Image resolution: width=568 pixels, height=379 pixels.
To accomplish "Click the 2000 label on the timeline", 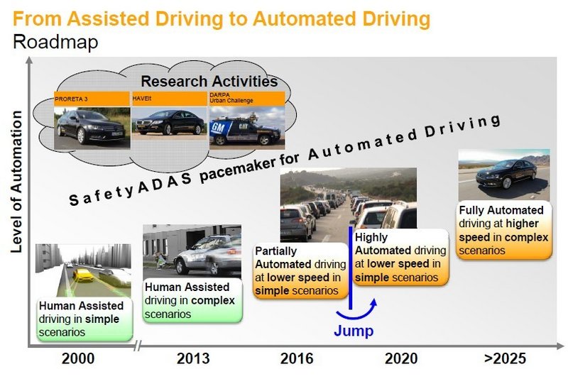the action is pyautogui.click(x=78, y=358).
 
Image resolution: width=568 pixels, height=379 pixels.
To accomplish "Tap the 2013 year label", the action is pyautogui.click(x=193, y=358).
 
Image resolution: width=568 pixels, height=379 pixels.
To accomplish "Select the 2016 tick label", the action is pyautogui.click(x=297, y=358).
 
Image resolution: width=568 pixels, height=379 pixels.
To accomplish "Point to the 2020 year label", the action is pyautogui.click(x=401, y=358).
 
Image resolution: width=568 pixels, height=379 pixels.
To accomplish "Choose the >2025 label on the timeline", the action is pyautogui.click(x=505, y=358).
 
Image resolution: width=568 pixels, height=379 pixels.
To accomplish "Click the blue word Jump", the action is pyautogui.click(x=354, y=331).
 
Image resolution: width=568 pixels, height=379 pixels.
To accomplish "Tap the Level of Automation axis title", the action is pyautogui.click(x=16, y=182).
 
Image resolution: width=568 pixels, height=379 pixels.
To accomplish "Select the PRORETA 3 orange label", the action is pyautogui.click(x=92, y=99).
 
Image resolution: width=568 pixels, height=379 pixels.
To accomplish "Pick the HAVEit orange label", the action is pyautogui.click(x=169, y=99).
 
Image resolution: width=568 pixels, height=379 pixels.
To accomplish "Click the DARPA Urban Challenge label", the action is pyautogui.click(x=247, y=99).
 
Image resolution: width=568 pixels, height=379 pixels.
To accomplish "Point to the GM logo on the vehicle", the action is pyautogui.click(x=218, y=128).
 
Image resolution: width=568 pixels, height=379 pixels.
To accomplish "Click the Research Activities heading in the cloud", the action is pyautogui.click(x=209, y=81).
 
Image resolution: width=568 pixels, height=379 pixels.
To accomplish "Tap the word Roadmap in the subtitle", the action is pyautogui.click(x=55, y=42).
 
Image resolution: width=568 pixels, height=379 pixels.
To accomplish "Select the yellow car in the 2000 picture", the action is pyautogui.click(x=84, y=275).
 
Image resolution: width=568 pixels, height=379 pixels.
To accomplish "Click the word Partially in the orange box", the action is pyautogui.click(x=275, y=251).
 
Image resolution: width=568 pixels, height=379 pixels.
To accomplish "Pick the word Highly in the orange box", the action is pyautogui.click(x=371, y=238).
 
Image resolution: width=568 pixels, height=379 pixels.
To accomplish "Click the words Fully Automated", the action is pyautogui.click(x=501, y=210).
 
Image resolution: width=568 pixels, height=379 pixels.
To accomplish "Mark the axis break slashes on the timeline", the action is pyautogui.click(x=137, y=346).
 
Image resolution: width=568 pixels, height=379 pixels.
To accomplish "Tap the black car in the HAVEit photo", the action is pyautogui.click(x=170, y=123).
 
